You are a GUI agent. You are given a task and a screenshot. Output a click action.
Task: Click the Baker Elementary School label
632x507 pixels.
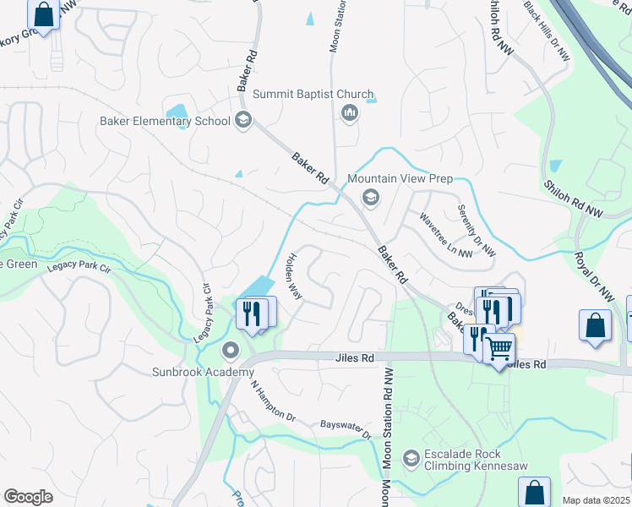(x=165, y=121)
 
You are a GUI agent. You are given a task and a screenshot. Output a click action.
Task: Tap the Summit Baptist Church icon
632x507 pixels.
(x=349, y=113)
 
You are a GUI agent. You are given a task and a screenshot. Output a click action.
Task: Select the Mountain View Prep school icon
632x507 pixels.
(x=369, y=198)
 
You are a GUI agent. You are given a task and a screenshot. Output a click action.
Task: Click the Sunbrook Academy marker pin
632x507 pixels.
(x=230, y=350)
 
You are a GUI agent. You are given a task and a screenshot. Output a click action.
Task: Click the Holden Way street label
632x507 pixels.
(x=293, y=276)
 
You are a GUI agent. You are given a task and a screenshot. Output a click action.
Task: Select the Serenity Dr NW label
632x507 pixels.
(x=477, y=231)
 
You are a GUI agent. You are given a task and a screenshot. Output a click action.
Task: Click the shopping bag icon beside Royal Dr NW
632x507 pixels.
(x=595, y=325)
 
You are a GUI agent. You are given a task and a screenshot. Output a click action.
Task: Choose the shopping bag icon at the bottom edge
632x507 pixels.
(x=534, y=492)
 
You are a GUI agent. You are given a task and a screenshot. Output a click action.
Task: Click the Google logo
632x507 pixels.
(x=28, y=496)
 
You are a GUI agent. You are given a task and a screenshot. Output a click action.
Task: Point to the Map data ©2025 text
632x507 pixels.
(x=596, y=500)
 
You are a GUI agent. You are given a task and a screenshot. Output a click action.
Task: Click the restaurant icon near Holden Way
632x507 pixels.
(x=252, y=313)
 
